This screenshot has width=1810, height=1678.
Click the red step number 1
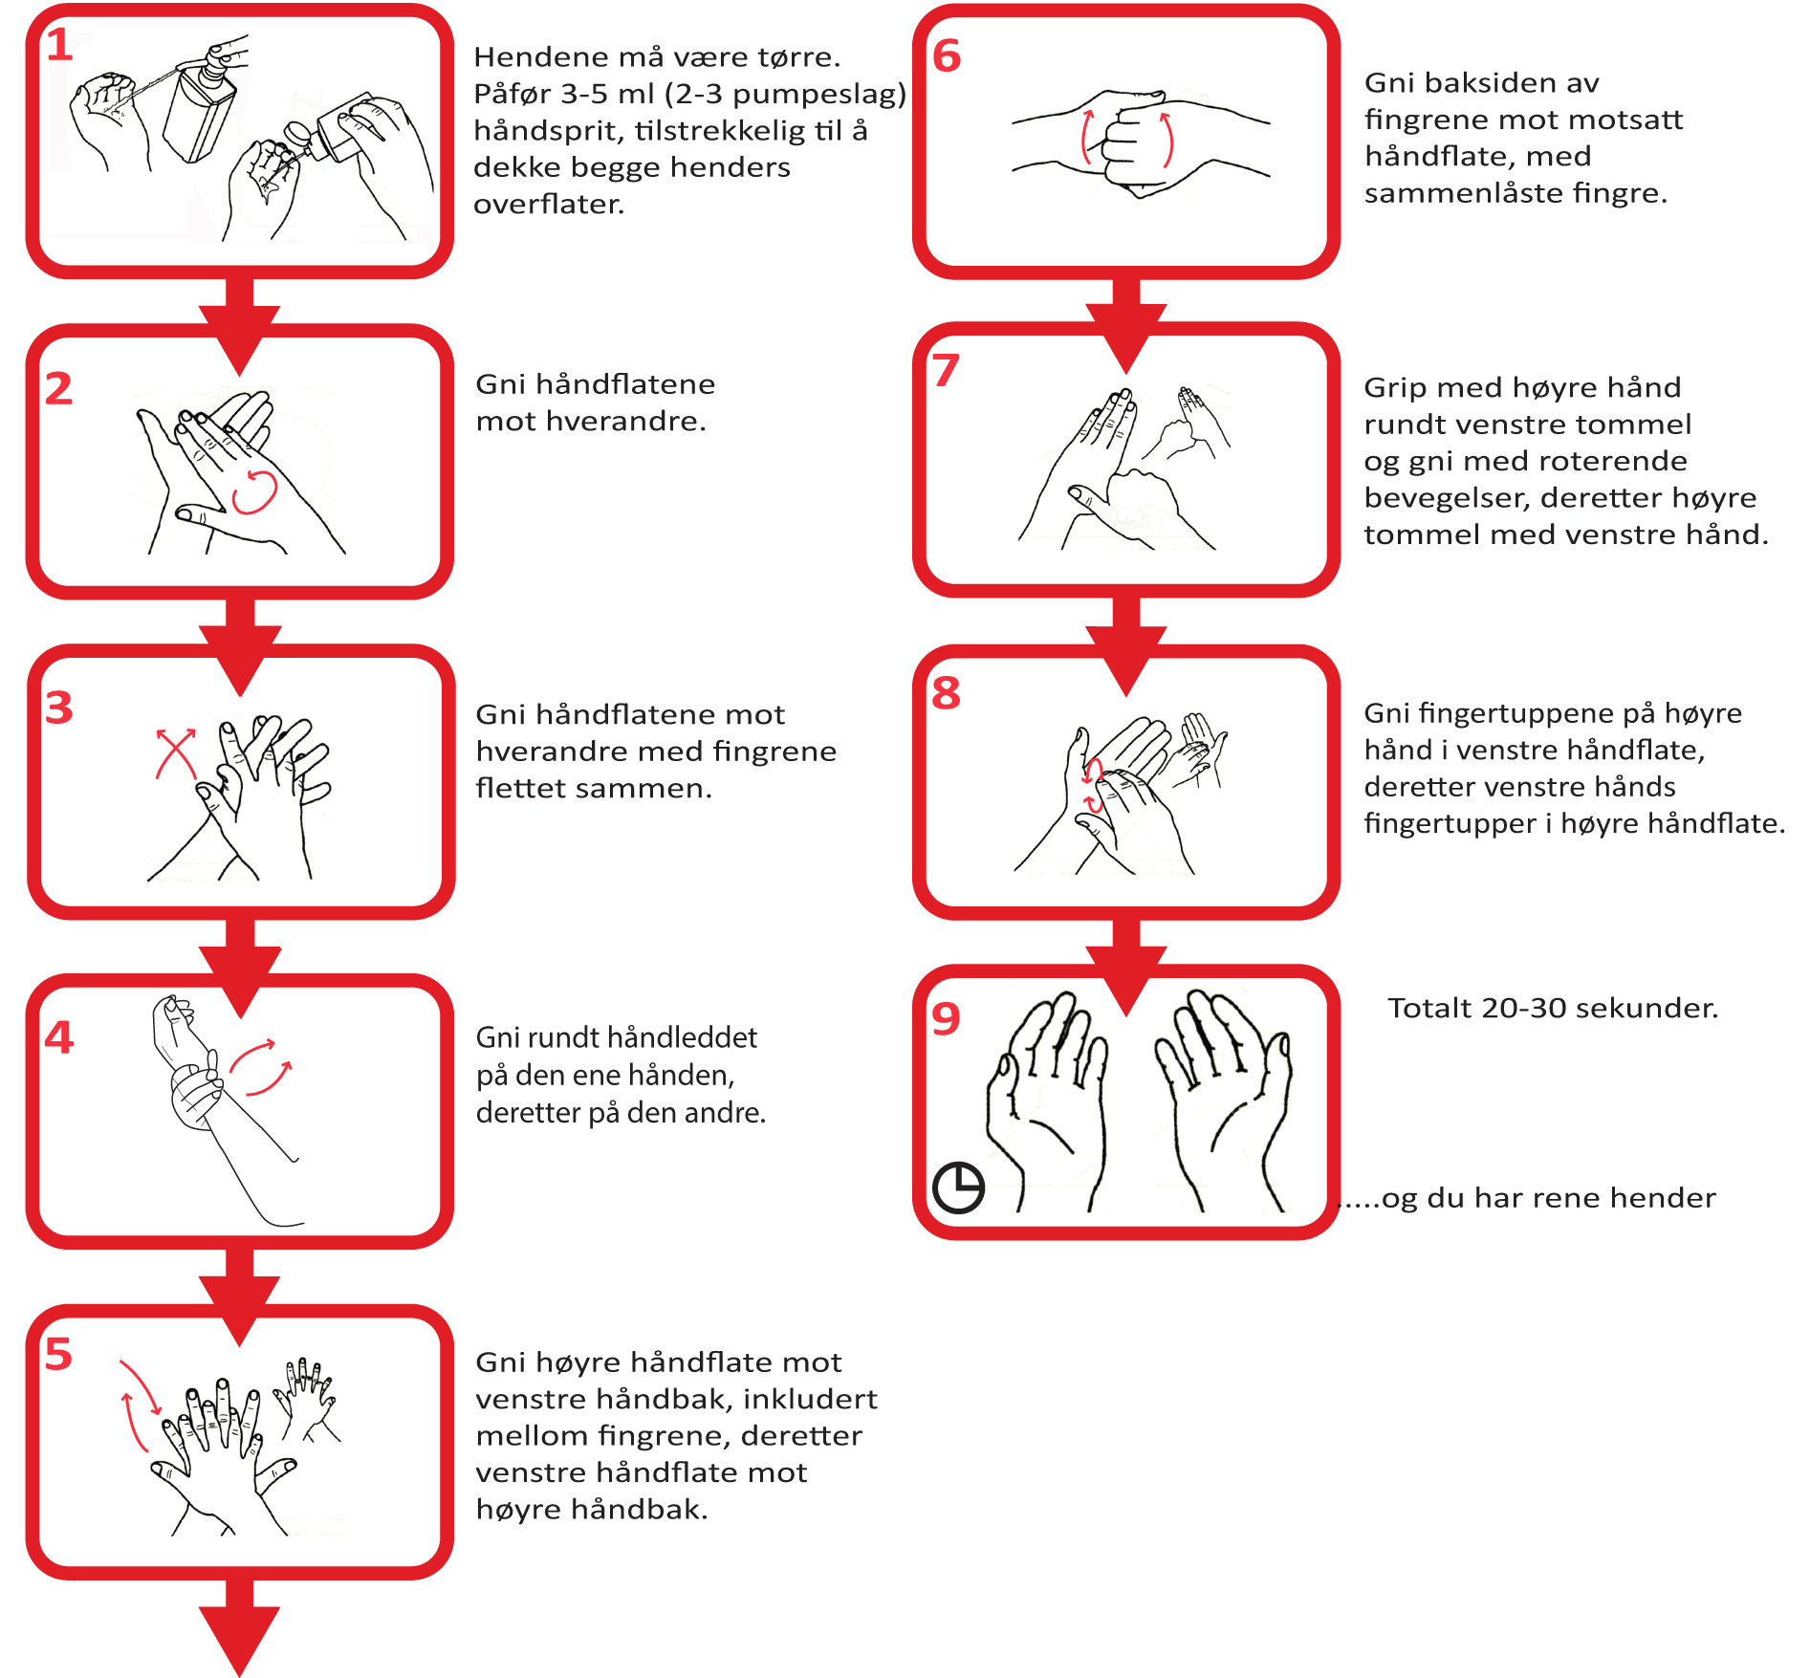click(x=59, y=45)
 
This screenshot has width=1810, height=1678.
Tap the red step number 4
click(x=58, y=1037)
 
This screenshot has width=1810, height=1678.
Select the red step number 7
click(x=946, y=370)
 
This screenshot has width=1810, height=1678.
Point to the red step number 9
click(x=946, y=1018)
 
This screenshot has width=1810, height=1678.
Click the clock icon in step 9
click(x=958, y=1188)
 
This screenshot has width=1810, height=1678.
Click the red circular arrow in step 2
click(x=254, y=491)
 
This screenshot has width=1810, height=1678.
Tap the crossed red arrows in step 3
click(x=176, y=753)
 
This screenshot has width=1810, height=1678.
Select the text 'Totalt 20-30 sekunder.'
click(x=1553, y=1008)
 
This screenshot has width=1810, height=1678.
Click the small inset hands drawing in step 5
click(x=306, y=1397)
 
